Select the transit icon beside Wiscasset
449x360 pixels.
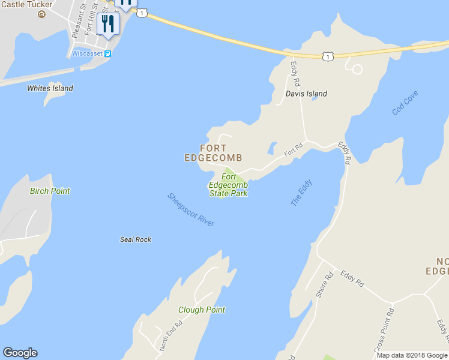107,53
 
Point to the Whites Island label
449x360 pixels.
50,88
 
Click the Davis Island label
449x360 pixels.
306,94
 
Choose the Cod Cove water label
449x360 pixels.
405,103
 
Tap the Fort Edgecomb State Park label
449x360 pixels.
228,185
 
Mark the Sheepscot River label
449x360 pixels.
191,209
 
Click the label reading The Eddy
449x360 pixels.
301,193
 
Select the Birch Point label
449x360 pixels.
50,191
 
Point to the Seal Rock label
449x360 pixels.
136,239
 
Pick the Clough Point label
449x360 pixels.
202,310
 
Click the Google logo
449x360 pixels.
20,353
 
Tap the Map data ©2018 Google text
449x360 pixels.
412,355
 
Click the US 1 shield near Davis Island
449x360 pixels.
327,56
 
